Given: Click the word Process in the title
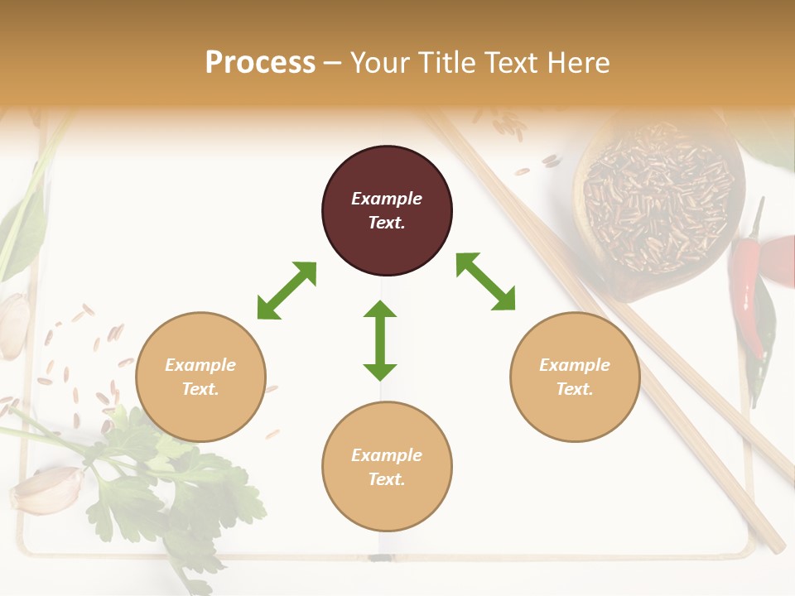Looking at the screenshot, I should pyautogui.click(x=260, y=63).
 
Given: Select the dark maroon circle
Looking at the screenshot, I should pyautogui.click(x=387, y=210).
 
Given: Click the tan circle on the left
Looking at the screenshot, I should pyautogui.click(x=200, y=377).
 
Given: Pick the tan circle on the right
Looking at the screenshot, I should pyautogui.click(x=575, y=377).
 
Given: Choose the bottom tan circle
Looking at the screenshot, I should pyautogui.click(x=387, y=467).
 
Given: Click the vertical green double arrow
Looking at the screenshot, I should pyautogui.click(x=380, y=340).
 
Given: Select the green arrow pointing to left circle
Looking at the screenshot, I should pyautogui.click(x=287, y=291).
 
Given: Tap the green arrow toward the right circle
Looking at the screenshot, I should pyautogui.click(x=485, y=282).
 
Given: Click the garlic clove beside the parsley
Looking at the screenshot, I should pyautogui.click(x=48, y=490).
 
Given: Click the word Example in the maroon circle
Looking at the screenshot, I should pyautogui.click(x=387, y=199).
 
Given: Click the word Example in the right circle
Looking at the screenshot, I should pyautogui.click(x=575, y=365).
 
